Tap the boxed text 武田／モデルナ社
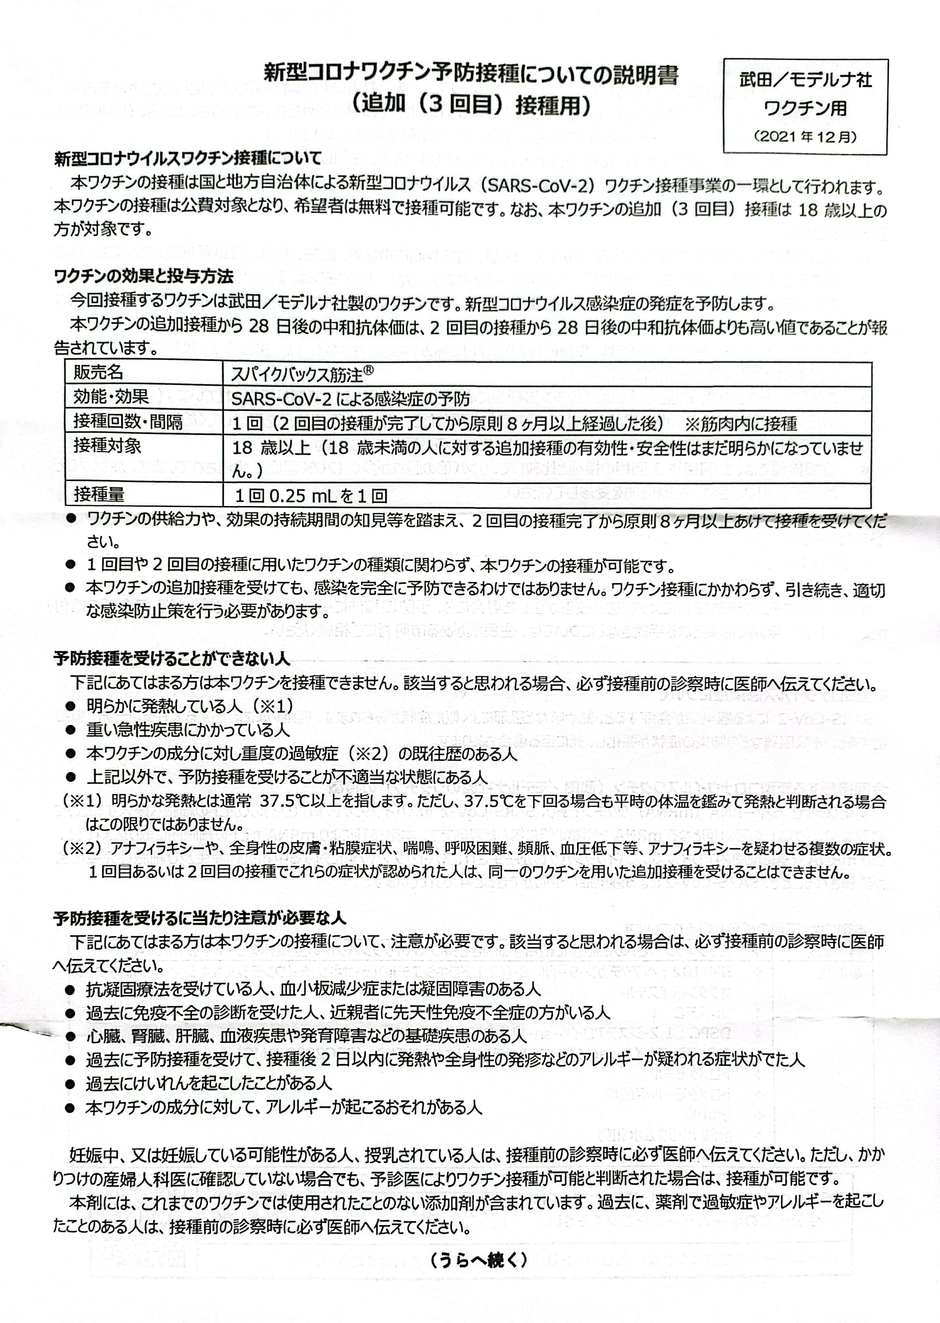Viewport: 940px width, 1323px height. point(805,80)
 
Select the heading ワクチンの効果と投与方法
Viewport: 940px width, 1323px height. point(143,276)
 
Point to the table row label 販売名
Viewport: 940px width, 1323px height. point(98,372)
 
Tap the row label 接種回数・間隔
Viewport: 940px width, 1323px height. point(127,421)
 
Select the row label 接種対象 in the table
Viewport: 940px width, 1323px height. point(107,446)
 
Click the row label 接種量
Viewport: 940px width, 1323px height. point(98,494)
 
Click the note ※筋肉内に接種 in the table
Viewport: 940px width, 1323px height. point(741,424)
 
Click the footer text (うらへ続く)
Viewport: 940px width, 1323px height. point(478,1259)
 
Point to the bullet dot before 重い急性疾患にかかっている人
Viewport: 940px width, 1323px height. point(70,730)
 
